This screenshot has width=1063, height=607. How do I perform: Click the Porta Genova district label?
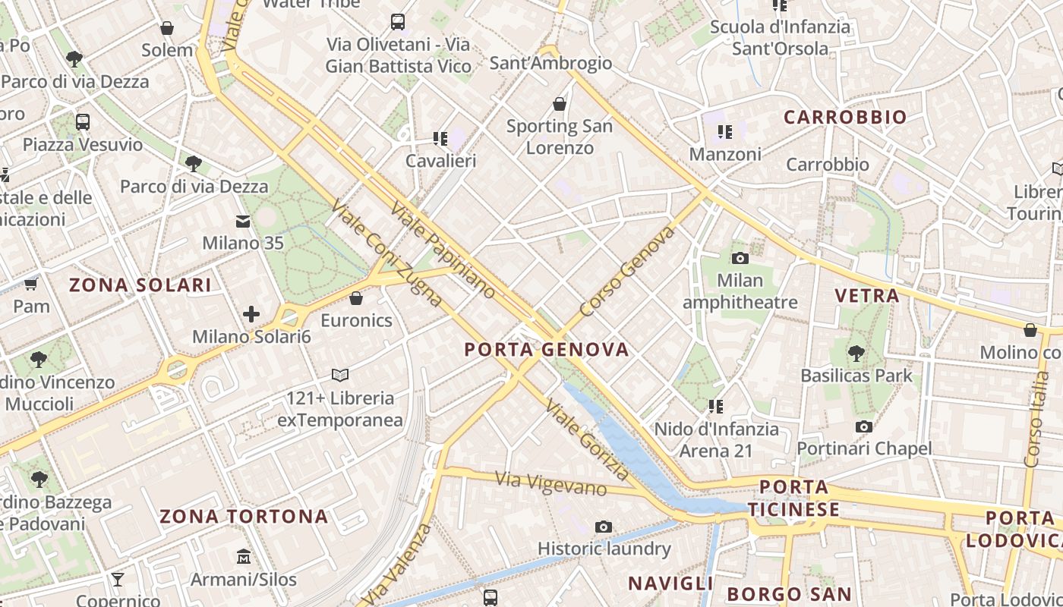[x=546, y=350]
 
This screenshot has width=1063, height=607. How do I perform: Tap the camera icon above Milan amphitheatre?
[x=740, y=258]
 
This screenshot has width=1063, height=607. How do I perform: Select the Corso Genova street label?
[x=626, y=272]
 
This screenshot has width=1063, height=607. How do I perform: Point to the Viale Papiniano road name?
[x=443, y=250]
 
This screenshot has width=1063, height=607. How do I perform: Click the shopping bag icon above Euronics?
[x=356, y=298]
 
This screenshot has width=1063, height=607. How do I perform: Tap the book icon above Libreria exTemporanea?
[x=340, y=375]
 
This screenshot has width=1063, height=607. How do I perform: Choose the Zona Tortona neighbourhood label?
[x=244, y=517]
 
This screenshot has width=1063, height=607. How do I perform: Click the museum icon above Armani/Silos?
[x=243, y=557]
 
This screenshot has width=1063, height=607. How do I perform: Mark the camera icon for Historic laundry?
[x=604, y=527]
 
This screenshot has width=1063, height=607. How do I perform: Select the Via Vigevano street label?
[x=550, y=483]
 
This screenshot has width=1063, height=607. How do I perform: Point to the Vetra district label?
[x=866, y=296]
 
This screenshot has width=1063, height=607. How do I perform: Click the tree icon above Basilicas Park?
[x=856, y=353]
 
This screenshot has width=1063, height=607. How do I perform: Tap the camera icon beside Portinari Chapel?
[x=863, y=427]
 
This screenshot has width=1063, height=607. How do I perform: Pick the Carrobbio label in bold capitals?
[x=845, y=118]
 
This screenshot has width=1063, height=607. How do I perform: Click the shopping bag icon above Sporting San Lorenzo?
[x=560, y=104]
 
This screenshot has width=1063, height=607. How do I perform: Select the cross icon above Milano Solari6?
[x=251, y=314]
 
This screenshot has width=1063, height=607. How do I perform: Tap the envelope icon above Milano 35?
[x=243, y=222]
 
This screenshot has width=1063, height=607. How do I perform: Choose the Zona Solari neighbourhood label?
[x=140, y=285]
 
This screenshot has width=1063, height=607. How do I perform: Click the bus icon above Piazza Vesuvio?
[x=83, y=121]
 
